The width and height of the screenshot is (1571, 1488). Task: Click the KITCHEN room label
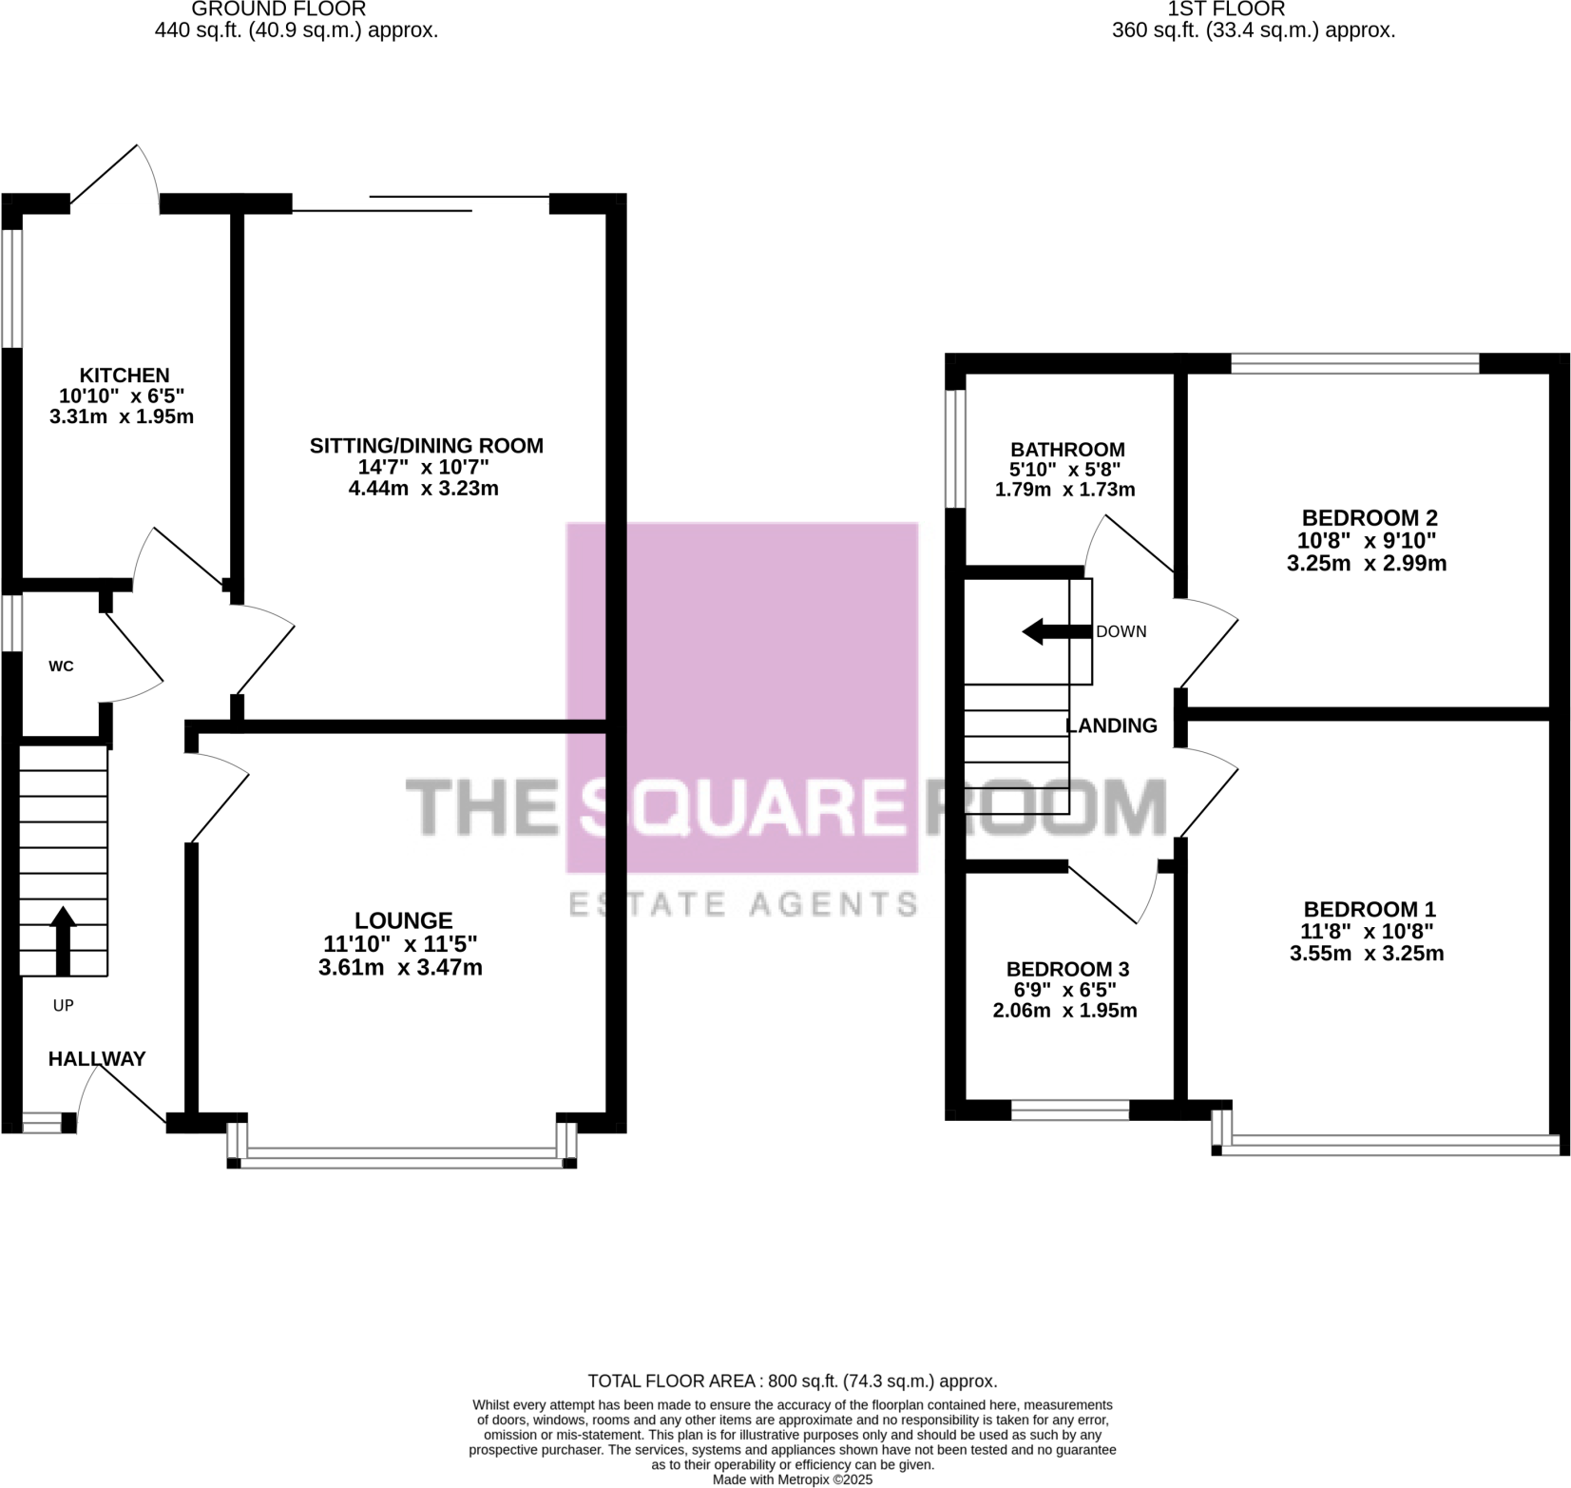point(124,376)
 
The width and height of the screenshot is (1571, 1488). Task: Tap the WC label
point(61,667)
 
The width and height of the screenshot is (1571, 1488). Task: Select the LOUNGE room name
point(403,920)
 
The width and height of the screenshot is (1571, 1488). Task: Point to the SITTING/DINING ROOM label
point(426,445)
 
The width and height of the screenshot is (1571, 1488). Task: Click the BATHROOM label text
point(1066,449)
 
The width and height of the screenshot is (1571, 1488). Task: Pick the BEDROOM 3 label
point(1067,969)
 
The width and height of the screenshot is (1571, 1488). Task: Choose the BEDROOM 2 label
point(1369,518)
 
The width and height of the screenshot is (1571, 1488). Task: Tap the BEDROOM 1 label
point(1369,909)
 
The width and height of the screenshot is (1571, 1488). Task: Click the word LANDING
point(1111,725)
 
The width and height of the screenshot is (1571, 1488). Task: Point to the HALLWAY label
point(97,1058)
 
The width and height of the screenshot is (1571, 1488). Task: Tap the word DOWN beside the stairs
point(1121,631)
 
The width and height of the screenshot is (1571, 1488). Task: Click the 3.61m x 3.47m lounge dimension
point(400,968)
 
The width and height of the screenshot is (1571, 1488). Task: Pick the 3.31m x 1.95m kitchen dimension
point(122,416)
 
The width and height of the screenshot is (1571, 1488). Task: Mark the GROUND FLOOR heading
point(278,10)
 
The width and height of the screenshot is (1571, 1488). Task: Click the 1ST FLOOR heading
point(1226,10)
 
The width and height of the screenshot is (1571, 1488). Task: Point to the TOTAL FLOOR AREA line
point(792,1381)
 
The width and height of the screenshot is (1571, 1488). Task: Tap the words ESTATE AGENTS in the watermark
point(742,903)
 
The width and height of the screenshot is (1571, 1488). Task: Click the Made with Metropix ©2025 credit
point(792,1479)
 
